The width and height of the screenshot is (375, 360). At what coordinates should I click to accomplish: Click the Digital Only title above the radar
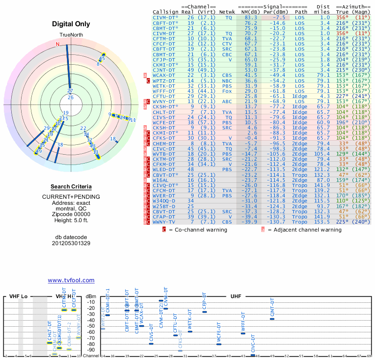tap(70, 24)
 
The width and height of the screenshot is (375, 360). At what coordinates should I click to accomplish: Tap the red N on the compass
tap(58, 44)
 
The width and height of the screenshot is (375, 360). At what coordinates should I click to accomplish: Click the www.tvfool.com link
tap(71, 280)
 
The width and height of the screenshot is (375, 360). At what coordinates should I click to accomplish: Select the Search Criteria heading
tap(70, 187)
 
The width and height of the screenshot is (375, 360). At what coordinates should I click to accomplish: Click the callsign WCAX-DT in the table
tap(164, 75)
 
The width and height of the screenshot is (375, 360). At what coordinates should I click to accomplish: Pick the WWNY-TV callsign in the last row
tap(164, 221)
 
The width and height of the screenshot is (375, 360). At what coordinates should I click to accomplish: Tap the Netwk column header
tap(227, 11)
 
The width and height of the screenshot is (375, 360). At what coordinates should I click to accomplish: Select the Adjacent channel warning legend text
tap(304, 230)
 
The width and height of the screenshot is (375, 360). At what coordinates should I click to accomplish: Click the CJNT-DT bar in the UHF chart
tap(272, 319)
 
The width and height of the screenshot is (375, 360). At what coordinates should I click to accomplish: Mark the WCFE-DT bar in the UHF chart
tap(218, 344)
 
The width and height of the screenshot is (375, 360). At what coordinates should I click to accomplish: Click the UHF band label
tap(236, 297)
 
